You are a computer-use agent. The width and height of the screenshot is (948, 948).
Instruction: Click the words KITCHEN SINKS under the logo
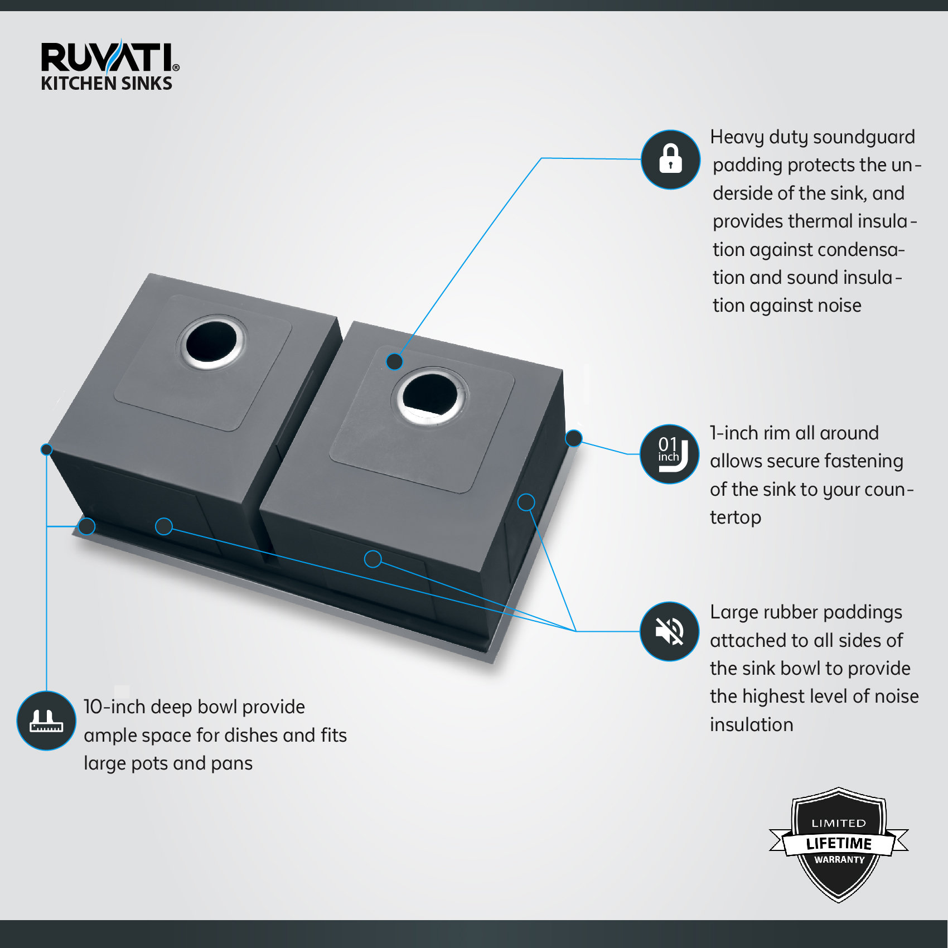point(107,84)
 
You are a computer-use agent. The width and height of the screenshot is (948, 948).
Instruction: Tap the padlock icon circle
point(670,159)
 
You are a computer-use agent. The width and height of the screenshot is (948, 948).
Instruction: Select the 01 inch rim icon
point(669,454)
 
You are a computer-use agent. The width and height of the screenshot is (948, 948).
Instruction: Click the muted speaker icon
point(669,631)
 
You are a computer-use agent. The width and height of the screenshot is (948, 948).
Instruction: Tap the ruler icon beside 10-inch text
point(46,720)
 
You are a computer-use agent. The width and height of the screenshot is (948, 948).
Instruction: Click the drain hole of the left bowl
point(211,341)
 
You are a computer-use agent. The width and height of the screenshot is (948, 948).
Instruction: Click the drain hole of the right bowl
point(430,395)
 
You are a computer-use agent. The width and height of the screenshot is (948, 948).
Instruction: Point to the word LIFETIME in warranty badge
point(839,843)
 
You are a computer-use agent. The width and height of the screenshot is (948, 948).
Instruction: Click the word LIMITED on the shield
point(839,823)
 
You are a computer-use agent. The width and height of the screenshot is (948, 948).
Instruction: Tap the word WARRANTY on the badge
point(839,860)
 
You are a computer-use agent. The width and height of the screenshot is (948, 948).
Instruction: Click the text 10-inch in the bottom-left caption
point(114,707)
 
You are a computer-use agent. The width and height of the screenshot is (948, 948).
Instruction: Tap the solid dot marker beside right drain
point(395,361)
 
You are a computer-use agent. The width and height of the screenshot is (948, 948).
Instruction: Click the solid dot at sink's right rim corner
point(573,438)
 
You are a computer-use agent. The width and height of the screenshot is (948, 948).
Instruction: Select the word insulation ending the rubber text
point(751,724)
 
